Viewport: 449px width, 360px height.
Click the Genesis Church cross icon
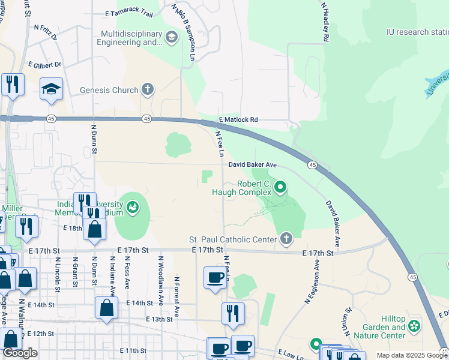tap(147, 90)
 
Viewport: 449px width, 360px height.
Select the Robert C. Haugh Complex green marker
tap(280, 188)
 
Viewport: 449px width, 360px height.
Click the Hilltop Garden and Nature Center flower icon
tap(414, 326)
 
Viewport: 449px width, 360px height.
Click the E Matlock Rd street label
tap(238, 120)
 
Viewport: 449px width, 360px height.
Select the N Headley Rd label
tap(325, 22)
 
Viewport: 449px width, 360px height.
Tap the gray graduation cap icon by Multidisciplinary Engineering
tap(172, 38)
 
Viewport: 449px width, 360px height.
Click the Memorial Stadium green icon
tap(133, 208)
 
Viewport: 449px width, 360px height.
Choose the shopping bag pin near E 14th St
tap(106, 307)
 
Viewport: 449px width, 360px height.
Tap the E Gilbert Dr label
tap(44, 64)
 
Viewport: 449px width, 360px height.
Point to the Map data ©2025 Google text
tap(411, 355)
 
